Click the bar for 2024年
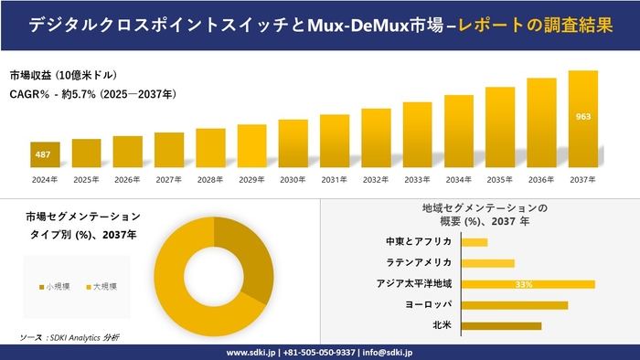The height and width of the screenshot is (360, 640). pyautogui.click(x=45, y=155)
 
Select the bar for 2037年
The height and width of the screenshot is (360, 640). pyautogui.click(x=583, y=120)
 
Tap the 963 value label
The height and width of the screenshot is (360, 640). pyautogui.click(x=583, y=117)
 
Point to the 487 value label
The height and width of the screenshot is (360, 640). pyautogui.click(x=43, y=155)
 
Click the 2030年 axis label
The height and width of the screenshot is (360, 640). pyautogui.click(x=293, y=179)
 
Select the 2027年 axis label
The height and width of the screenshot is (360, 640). pyautogui.click(x=169, y=179)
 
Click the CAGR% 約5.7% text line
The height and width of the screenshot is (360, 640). pyautogui.click(x=92, y=94)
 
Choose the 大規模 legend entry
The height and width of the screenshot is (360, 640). pyautogui.click(x=101, y=287)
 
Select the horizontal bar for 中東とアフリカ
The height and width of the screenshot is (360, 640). pyautogui.click(x=475, y=242)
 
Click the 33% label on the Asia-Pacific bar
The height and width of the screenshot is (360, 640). pyautogui.click(x=524, y=284)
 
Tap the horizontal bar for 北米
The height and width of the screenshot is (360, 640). pyautogui.click(x=501, y=325)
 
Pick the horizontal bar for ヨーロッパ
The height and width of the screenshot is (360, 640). pyautogui.click(x=515, y=305)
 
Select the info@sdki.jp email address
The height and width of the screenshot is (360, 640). pyautogui.click(x=388, y=352)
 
